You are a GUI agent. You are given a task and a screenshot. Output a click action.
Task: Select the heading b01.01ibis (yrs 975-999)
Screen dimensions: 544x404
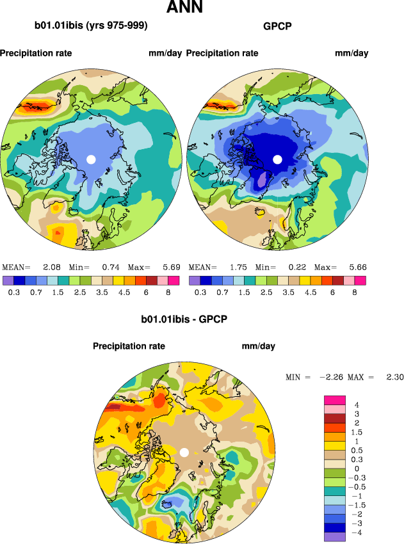(x=91, y=26)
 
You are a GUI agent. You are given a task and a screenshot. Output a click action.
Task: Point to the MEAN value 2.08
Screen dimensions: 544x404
(x=51, y=267)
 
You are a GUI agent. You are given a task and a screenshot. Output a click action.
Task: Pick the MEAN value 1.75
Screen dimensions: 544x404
(x=238, y=267)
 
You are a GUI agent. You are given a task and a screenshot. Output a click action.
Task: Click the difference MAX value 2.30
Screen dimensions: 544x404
(x=394, y=377)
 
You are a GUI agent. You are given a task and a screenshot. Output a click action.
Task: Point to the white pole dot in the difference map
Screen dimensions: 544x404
(x=184, y=452)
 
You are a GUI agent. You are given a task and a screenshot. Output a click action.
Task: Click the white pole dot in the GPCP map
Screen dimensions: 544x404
(x=277, y=159)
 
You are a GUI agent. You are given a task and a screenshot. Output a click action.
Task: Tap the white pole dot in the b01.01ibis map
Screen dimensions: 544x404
(x=91, y=159)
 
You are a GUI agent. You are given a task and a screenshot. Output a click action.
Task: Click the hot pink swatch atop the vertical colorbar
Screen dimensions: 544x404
(x=335, y=400)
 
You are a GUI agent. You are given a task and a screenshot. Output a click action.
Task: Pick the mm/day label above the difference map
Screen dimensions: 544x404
(x=258, y=346)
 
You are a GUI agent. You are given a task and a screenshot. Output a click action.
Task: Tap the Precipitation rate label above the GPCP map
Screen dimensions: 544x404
(x=222, y=53)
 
